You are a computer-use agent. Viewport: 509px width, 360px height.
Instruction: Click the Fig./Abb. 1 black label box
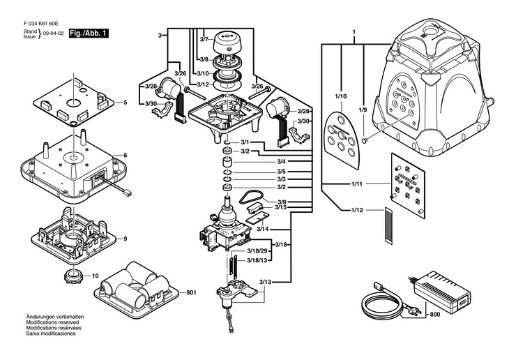[x=89, y=33]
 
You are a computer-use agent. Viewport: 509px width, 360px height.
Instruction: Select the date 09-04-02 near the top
[x=54, y=33]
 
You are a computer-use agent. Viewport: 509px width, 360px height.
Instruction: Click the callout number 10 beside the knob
[x=96, y=274]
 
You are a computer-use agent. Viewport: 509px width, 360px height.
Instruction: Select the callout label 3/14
[x=263, y=229]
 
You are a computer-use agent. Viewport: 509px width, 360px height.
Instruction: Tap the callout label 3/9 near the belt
[x=262, y=202]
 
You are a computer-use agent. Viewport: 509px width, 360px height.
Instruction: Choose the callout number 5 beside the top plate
[x=125, y=103]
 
